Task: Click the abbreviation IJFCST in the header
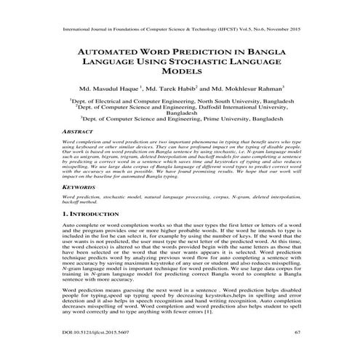coord(217,31)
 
